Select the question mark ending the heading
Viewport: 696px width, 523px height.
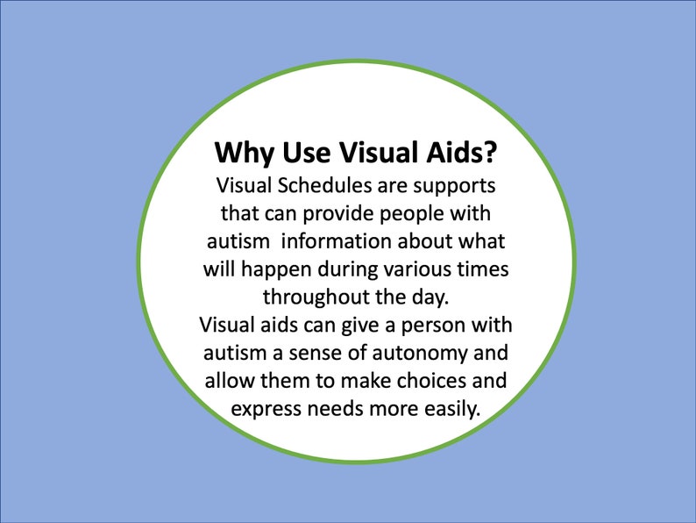(x=492, y=153)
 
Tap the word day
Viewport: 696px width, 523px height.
(x=431, y=296)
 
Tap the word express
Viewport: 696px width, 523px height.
(x=262, y=408)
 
